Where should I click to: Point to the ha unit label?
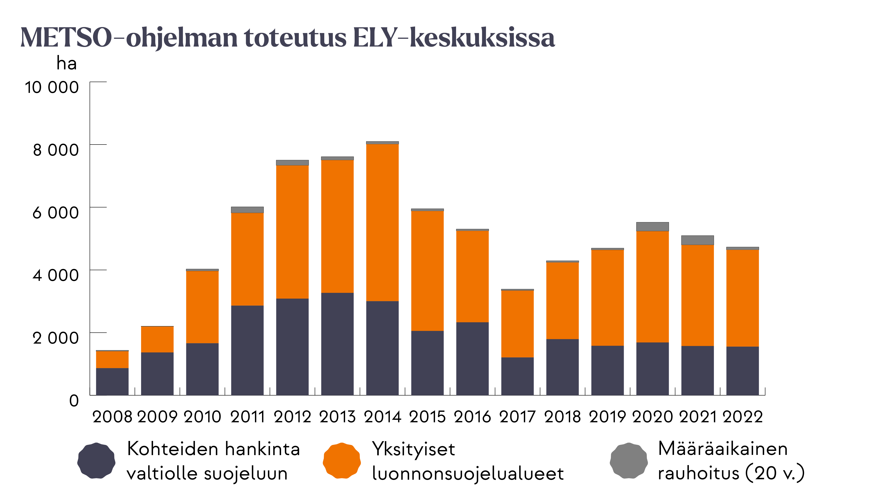(66, 64)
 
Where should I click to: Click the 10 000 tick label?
(52, 87)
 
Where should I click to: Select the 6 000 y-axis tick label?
(55, 213)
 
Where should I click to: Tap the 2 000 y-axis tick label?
(55, 338)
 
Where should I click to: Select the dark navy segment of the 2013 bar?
(337, 344)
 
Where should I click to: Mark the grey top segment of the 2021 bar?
(698, 240)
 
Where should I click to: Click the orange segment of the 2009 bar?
(157, 339)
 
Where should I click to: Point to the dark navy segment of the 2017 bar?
(517, 376)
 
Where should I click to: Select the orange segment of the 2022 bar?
(742, 298)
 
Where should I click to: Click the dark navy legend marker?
(96, 460)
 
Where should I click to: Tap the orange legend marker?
(342, 460)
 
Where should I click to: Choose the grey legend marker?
(629, 460)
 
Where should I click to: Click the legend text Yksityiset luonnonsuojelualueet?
(468, 461)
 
